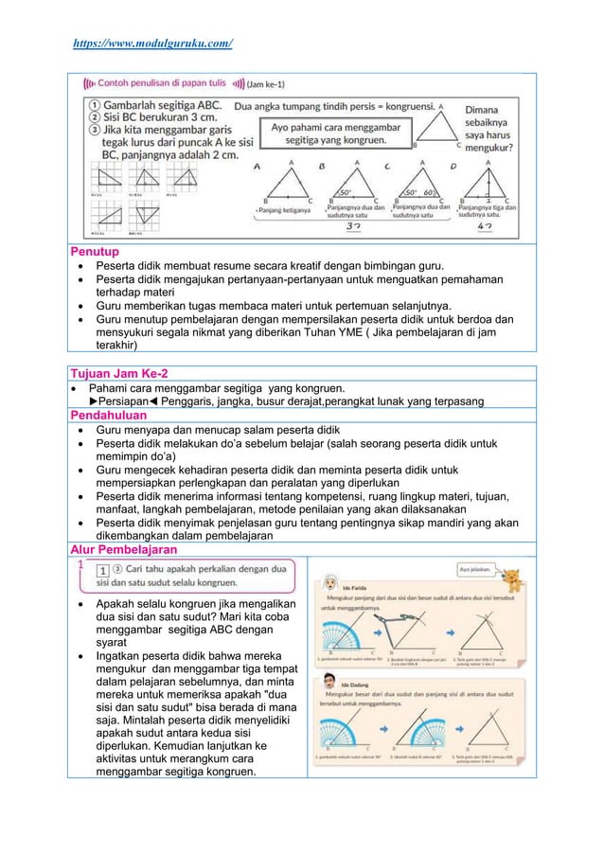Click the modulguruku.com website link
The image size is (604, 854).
point(153,44)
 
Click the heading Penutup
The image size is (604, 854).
point(96,252)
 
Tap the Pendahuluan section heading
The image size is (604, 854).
point(109,415)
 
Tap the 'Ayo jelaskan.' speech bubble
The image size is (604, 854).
point(476,571)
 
